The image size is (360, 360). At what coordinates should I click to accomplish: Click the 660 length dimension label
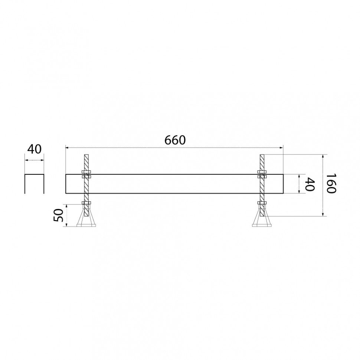pos(175,140)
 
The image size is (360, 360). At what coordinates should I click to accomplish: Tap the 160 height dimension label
pos(331,183)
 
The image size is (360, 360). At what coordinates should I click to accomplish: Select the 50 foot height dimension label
pos(58,215)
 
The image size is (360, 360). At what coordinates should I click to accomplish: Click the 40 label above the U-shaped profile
pos(34,149)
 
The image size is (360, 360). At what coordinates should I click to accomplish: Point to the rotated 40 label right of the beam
pos(310,184)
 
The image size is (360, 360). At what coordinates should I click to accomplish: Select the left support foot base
pos(86,225)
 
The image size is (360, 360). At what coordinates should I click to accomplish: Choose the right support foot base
pos(262,225)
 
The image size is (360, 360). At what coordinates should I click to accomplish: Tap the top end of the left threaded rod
pos(86,154)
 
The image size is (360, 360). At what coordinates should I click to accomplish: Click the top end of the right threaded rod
pos(262,154)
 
